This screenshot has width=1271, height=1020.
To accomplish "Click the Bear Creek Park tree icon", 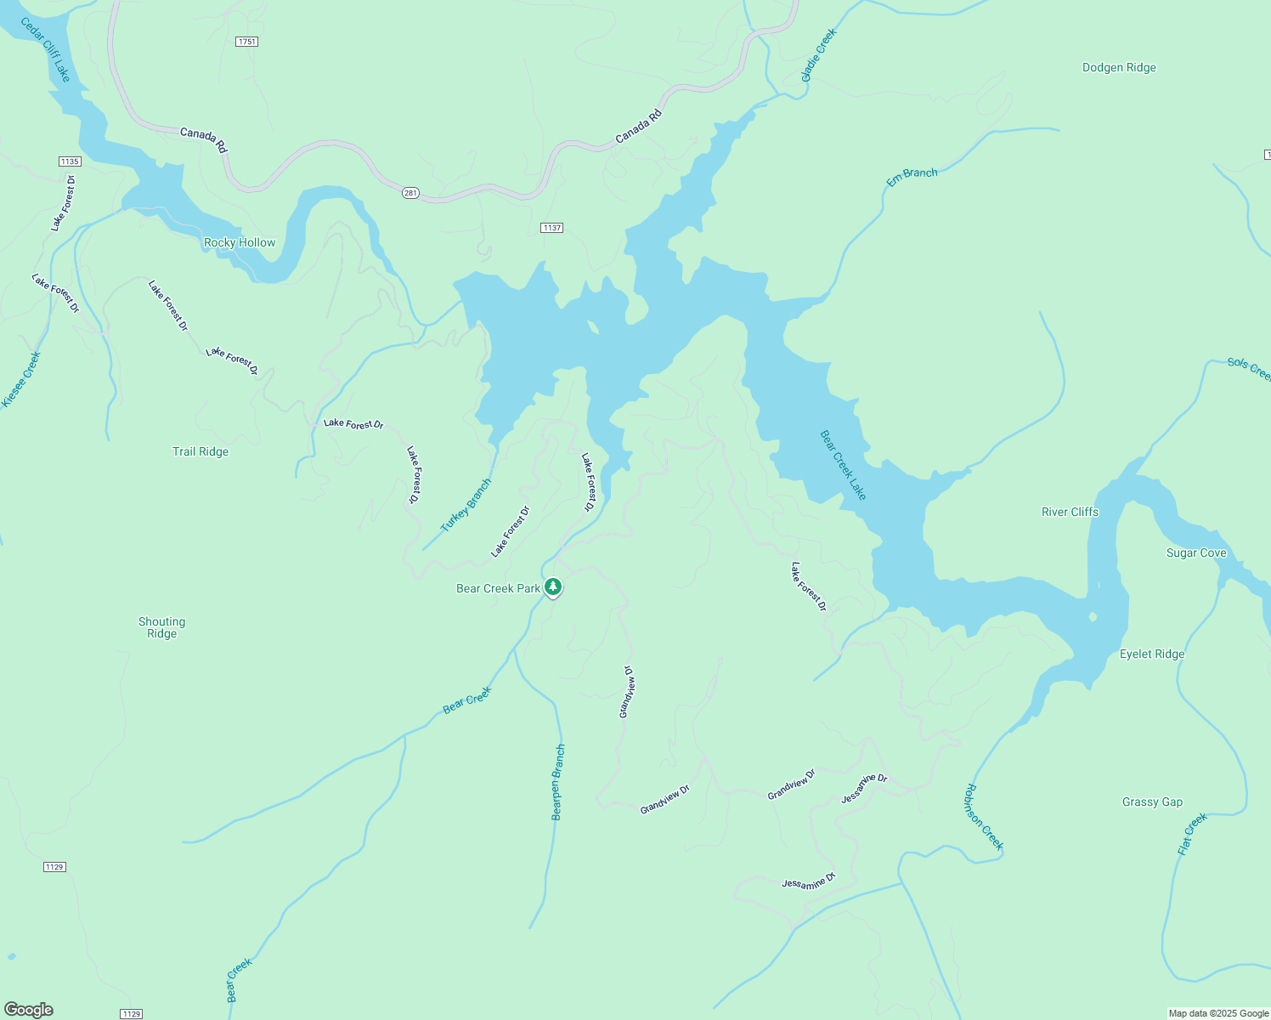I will tap(553, 586).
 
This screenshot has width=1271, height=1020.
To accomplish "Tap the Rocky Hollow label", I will tap(240, 242).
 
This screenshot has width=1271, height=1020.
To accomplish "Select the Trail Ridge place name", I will tap(201, 451).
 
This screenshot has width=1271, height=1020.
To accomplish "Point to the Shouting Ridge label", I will tap(161, 627).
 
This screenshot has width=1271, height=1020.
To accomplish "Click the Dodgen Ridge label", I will tap(1119, 68).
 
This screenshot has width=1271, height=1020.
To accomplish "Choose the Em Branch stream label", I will tap(912, 177).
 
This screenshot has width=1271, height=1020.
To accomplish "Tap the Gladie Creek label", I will tap(819, 56).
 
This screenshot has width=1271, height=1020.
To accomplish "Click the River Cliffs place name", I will tap(1070, 512).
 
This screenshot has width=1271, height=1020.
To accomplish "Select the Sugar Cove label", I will tap(1196, 552).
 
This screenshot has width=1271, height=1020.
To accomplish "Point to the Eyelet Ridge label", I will tap(1151, 654).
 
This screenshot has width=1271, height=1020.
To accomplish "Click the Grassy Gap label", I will tap(1152, 802).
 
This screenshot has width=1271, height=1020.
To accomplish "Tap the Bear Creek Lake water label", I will tap(843, 465).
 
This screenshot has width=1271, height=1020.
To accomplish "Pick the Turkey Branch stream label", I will tap(466, 506).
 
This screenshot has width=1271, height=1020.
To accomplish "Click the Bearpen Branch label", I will tap(557, 782).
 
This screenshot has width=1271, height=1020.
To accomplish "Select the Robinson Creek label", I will tap(984, 817).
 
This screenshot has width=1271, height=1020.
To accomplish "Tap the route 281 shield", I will tap(410, 193).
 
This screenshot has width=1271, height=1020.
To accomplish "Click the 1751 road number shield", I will tap(246, 42).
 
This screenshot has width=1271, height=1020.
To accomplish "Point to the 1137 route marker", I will tap(551, 228).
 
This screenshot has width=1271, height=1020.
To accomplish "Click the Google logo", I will tap(29, 1010).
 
